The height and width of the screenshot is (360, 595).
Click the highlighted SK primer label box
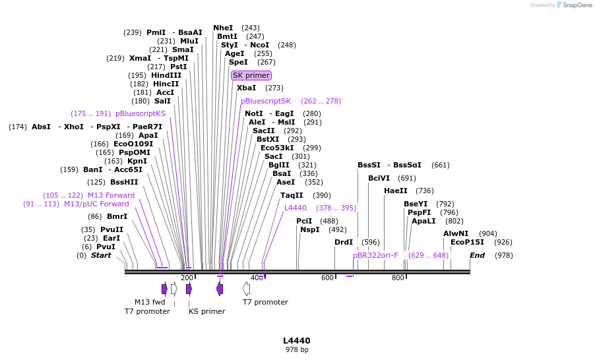tap(251, 75)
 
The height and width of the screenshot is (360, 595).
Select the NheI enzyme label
tap(223, 28)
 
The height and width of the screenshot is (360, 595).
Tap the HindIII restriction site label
tap(166, 75)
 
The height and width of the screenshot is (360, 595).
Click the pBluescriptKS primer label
tap(141, 113)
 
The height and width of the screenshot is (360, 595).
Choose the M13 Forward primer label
tap(111, 195)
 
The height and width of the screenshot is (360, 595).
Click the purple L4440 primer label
tap(296, 208)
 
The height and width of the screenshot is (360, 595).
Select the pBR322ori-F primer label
tap(375, 255)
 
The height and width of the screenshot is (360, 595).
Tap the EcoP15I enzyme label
tap(467, 242)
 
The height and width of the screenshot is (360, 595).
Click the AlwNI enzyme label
tap(456, 233)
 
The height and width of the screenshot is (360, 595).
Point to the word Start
tap(101, 255)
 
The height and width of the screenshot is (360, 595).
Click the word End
tap(477, 255)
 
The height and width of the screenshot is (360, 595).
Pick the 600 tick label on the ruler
tap(328, 278)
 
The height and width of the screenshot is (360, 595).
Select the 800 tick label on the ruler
tap(398, 278)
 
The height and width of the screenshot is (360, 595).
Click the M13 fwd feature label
tap(150, 302)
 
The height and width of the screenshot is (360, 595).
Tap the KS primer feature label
tap(206, 311)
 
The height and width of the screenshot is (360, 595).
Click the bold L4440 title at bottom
tap(297, 340)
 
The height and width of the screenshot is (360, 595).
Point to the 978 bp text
tap(297, 349)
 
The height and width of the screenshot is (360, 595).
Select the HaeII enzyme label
tap(396, 191)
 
